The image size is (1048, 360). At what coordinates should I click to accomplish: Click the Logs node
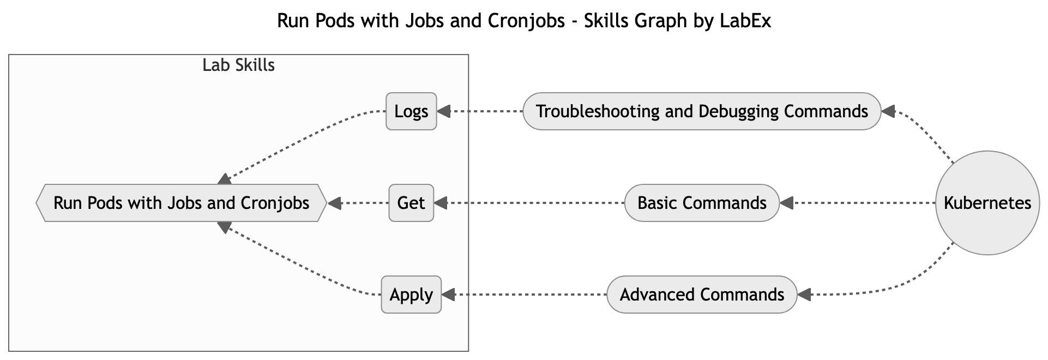411,111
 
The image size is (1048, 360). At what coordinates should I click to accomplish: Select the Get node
411,203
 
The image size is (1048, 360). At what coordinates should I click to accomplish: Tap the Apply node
411,295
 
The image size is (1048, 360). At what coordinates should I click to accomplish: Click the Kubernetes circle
987,203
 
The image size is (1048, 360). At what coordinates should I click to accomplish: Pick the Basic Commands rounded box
702,203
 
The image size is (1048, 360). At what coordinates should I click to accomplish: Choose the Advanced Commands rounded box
702,295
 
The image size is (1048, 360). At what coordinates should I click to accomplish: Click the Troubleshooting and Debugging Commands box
702,111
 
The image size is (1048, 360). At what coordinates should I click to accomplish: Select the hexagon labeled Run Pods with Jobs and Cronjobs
181,203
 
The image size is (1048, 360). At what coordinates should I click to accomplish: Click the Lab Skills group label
238,65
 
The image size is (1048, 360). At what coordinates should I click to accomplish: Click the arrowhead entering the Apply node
448,295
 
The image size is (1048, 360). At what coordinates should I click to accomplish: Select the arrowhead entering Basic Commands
786,203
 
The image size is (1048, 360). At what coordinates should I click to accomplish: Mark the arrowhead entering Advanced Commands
804,295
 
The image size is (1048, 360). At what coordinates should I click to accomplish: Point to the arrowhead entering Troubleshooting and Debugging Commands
888,111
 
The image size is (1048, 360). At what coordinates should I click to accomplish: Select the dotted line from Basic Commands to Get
534,203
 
